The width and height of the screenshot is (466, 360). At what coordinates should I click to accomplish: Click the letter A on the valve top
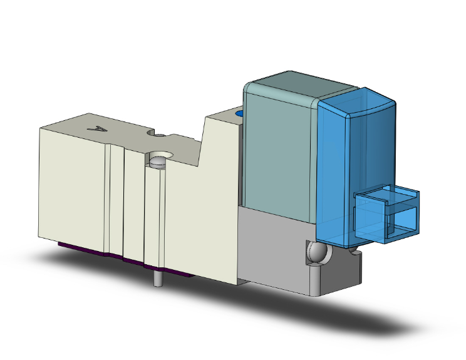point(97,128)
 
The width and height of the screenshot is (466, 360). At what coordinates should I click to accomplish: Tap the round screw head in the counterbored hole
point(157,163)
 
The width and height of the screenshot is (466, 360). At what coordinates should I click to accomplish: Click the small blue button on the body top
point(239,115)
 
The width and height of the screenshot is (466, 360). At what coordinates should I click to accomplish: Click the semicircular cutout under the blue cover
point(355,253)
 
